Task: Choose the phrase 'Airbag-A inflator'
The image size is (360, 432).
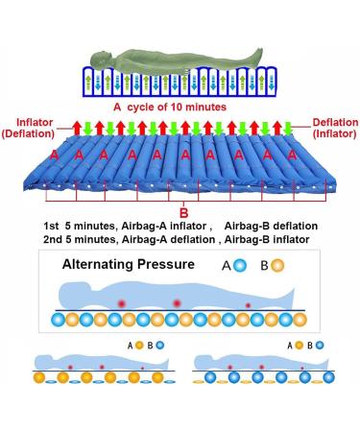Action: point(156,225)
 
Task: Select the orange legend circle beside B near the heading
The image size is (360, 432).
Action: point(276,265)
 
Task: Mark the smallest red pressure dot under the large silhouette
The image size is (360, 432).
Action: point(249,305)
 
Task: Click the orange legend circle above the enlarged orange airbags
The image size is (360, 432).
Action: point(139,343)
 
